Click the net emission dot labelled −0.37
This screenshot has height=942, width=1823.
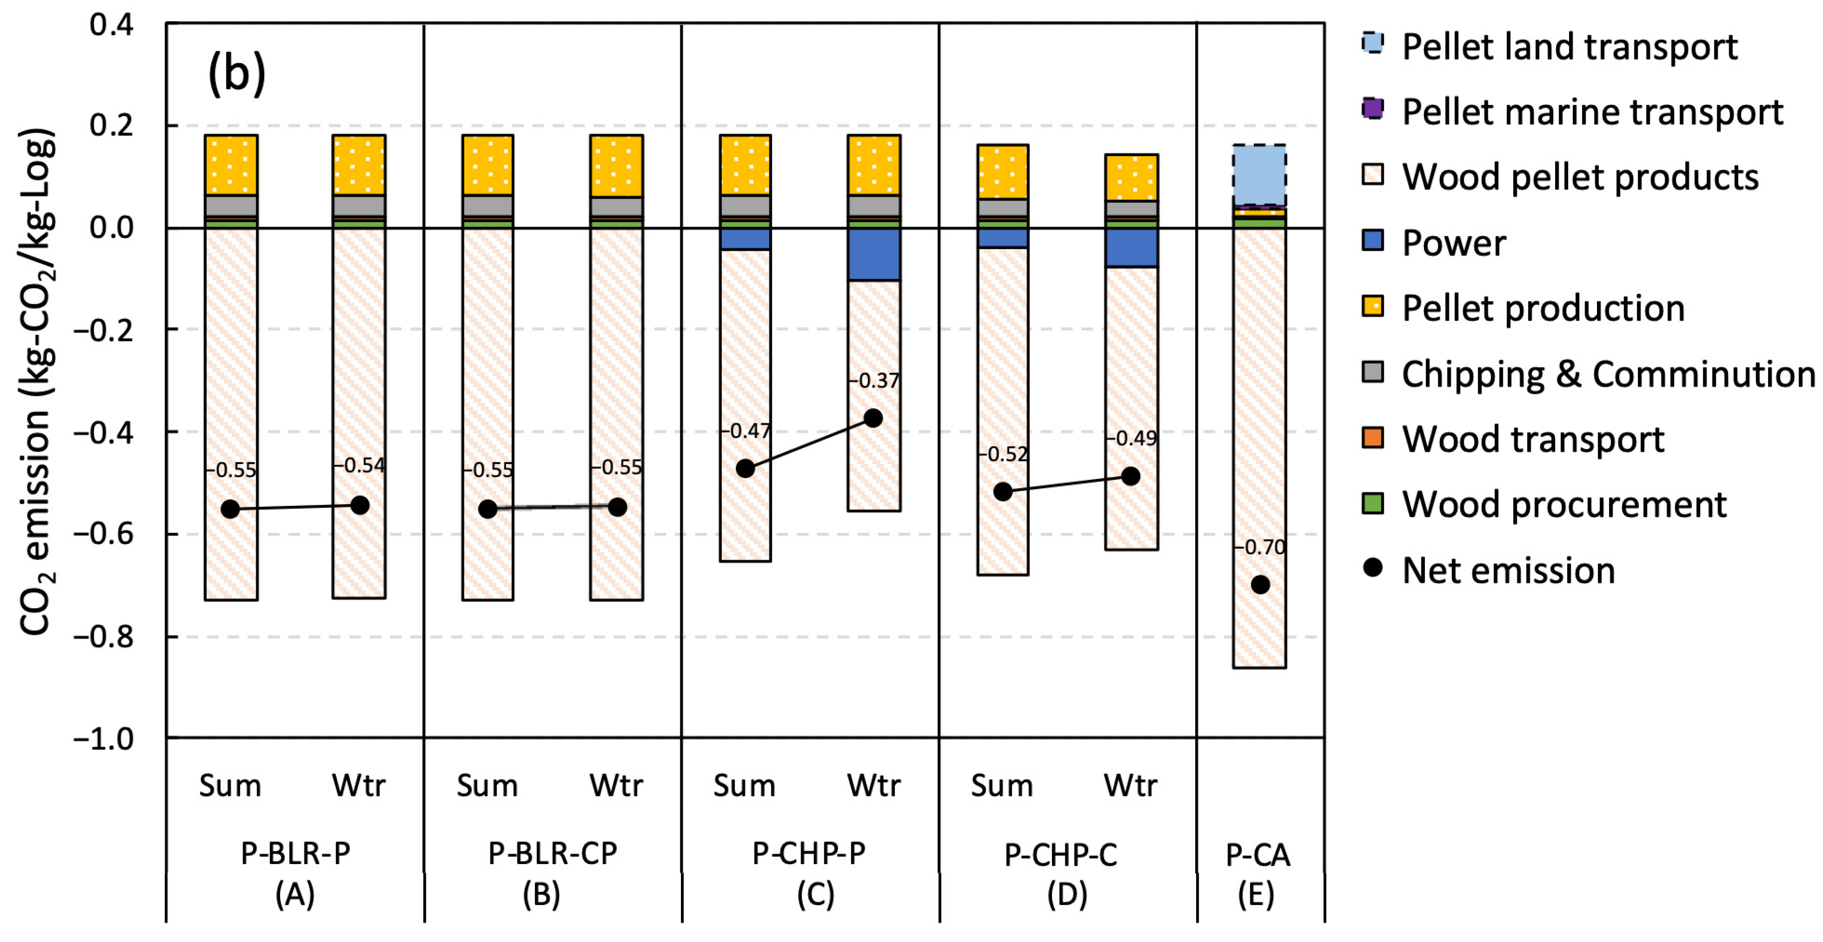coord(873,418)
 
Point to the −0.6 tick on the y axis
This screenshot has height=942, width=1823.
coord(103,534)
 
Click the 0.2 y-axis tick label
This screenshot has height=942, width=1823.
coord(111,126)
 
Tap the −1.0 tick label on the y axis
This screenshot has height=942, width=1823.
coord(103,739)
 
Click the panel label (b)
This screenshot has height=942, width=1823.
coord(236,73)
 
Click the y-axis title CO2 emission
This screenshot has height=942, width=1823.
coord(36,382)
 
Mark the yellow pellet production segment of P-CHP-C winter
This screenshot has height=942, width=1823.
coord(1131,177)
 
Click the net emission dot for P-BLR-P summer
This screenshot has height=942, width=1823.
coord(230,509)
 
